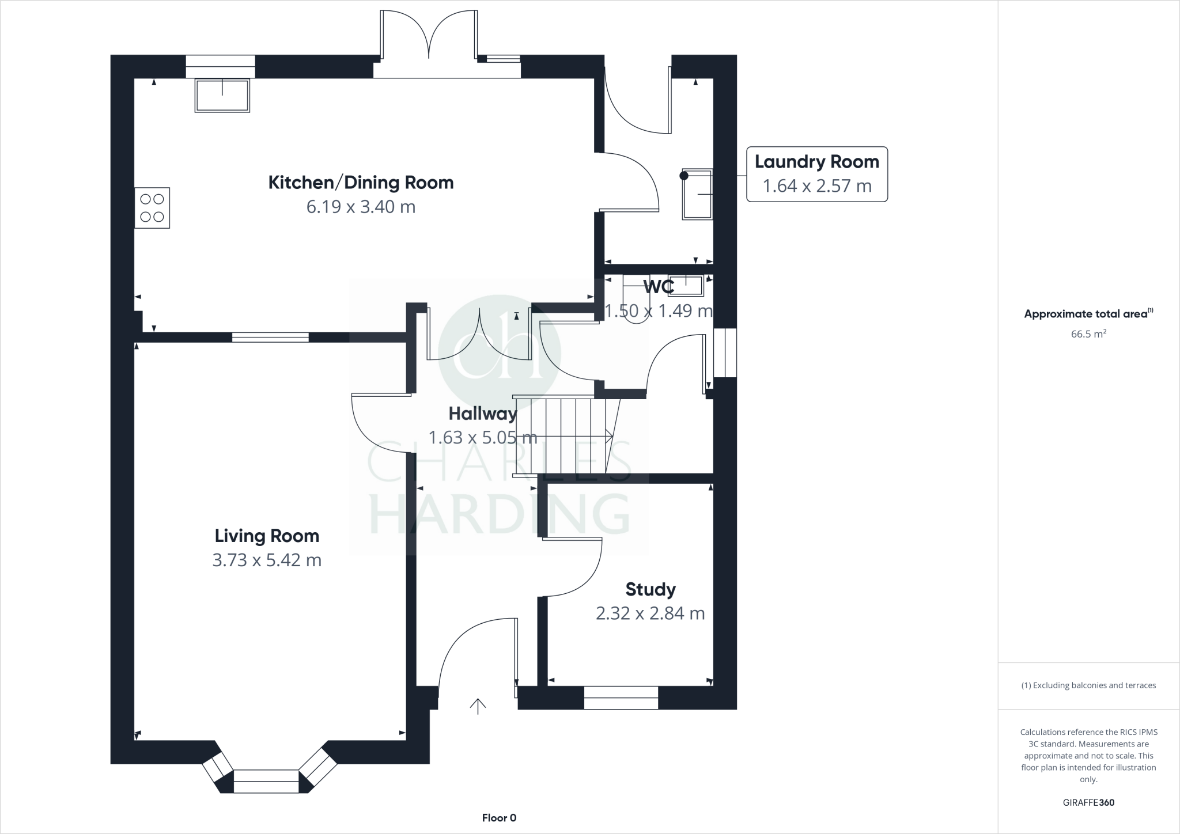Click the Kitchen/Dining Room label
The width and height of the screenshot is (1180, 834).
click(361, 183)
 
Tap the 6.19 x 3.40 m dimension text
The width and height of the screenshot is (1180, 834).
click(361, 207)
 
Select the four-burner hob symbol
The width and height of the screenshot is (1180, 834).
click(152, 208)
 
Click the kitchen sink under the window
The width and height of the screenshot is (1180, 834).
click(222, 96)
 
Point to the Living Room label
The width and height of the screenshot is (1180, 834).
click(267, 536)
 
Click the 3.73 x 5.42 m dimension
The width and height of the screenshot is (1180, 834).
click(267, 560)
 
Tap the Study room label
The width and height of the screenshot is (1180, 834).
click(650, 589)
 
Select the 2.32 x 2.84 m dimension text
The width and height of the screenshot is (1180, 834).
click(650, 613)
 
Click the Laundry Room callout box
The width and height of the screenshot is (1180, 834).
click(816, 174)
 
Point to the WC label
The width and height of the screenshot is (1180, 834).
click(658, 286)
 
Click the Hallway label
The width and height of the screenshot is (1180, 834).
click(483, 414)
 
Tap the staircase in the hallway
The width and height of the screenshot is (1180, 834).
click(562, 436)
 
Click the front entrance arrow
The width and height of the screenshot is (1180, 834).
click(478, 706)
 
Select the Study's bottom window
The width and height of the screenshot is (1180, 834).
click(621, 697)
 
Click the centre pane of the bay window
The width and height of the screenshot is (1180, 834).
click(266, 781)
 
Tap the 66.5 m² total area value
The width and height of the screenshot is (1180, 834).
click(1088, 334)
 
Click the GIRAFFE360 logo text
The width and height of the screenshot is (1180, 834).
click(1088, 802)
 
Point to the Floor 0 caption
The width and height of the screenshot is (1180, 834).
click(499, 818)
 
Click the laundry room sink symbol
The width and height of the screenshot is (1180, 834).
click(698, 194)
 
